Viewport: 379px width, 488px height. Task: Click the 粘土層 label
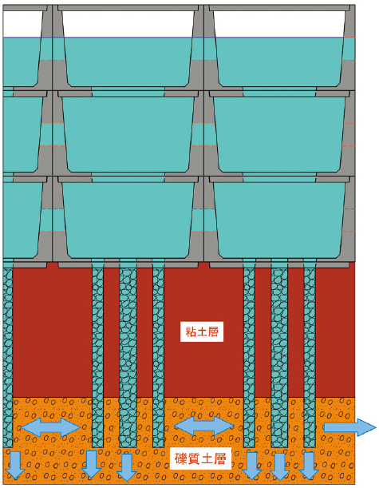coord(202,331)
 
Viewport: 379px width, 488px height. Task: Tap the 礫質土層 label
coord(200,458)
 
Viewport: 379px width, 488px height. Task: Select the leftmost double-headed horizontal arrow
coord(51,427)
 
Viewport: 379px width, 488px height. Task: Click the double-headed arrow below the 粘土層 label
coord(204,426)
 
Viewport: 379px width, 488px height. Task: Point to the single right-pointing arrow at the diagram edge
coord(350,427)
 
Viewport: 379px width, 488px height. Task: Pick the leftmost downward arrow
coord(14,465)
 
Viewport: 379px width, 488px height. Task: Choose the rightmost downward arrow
coord(309,466)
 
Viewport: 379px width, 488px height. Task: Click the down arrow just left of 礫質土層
coord(127,468)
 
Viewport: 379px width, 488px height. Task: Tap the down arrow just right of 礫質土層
coord(252,466)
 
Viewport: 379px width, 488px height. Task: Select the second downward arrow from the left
coord(91,464)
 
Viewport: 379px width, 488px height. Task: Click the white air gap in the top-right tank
coord(279,24)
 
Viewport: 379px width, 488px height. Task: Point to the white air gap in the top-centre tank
coord(128,24)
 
